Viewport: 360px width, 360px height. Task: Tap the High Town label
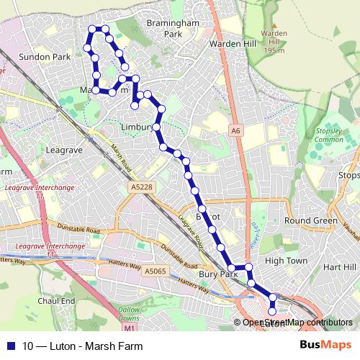pos(286,261)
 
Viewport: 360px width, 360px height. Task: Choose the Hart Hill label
pos(339,266)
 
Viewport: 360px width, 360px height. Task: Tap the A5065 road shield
pos(154,271)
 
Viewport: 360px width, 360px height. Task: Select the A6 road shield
pos(235,130)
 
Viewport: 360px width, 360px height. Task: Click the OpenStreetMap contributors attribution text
pos(297,323)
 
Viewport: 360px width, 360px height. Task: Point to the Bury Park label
pos(219,274)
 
